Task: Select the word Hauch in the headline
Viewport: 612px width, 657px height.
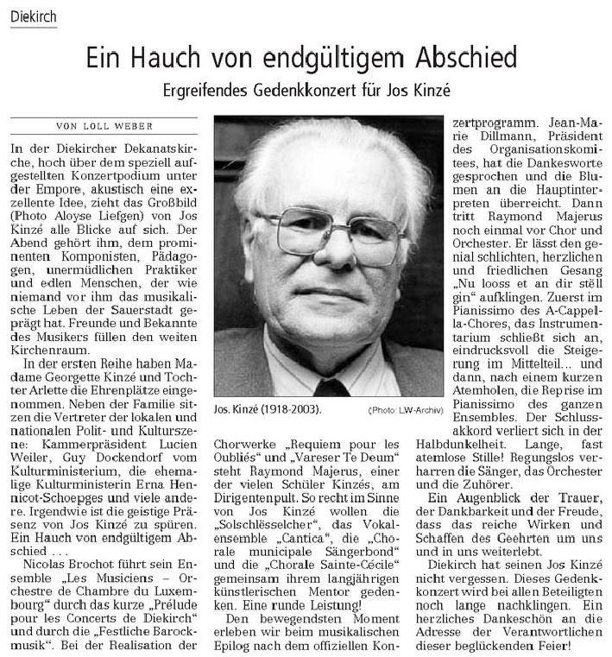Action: pyautogui.click(x=167, y=58)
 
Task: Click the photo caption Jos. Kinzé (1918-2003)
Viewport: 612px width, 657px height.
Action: pyautogui.click(x=262, y=407)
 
